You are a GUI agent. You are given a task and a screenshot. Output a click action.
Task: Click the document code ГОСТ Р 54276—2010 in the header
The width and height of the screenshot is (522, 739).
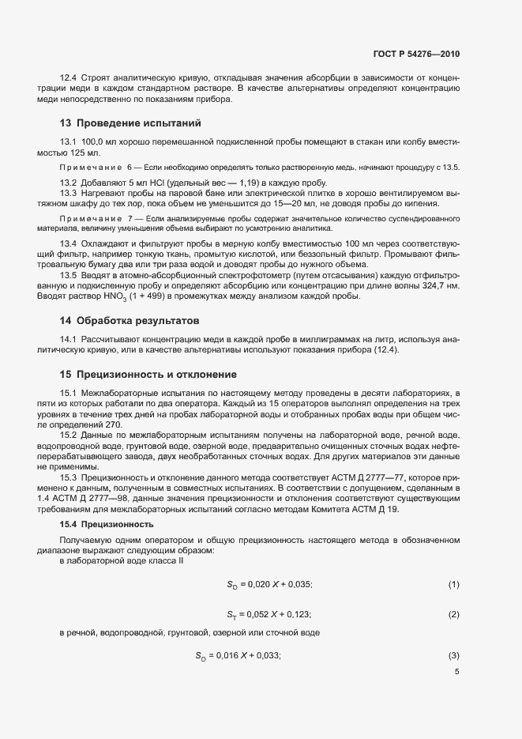(x=415, y=55)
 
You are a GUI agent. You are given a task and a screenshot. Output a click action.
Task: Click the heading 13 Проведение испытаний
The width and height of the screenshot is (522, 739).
(x=130, y=123)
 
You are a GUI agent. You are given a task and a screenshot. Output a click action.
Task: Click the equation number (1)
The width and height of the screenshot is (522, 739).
(x=453, y=584)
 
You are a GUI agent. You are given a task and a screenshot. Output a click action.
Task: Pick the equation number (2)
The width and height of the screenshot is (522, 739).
(x=453, y=614)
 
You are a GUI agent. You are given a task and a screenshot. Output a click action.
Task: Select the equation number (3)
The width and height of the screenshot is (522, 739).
(x=453, y=655)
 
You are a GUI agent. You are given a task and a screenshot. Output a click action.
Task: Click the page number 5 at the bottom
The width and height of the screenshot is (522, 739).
(x=456, y=673)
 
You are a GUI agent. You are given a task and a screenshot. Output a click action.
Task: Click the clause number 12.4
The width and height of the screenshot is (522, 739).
(x=69, y=77)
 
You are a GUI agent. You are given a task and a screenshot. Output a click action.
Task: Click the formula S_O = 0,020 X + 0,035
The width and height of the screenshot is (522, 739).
(x=269, y=584)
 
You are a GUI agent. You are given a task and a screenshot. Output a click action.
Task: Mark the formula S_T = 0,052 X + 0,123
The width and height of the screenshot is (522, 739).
(x=269, y=614)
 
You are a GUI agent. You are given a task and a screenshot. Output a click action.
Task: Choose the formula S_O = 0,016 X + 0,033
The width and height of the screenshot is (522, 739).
(x=238, y=655)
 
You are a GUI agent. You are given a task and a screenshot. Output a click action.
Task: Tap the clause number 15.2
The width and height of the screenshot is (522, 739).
(x=69, y=435)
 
